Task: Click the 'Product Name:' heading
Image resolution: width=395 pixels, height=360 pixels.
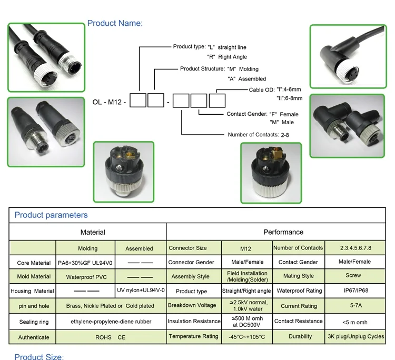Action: tap(115, 23)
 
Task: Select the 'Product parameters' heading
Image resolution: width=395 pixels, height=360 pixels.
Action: tap(51, 215)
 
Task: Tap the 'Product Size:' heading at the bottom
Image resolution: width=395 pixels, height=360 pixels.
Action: tap(39, 357)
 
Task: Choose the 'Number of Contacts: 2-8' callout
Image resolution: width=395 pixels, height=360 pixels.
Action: tap(258, 135)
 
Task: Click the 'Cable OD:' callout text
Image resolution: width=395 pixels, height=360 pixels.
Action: tap(261, 90)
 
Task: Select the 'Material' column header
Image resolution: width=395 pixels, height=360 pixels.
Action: tap(93, 232)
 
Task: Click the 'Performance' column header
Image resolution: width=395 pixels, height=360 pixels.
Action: tap(283, 232)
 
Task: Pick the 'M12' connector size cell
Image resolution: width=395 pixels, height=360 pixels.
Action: tap(246, 248)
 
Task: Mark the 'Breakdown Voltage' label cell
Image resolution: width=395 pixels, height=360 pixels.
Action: tap(192, 306)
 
